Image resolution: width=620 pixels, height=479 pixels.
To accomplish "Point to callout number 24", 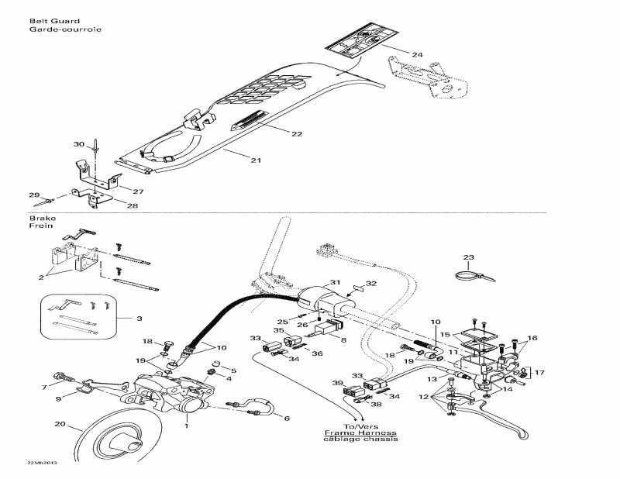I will [418, 55].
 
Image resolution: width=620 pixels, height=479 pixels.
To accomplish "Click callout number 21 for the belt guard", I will [255, 160].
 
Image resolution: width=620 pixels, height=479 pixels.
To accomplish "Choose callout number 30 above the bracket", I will [78, 144].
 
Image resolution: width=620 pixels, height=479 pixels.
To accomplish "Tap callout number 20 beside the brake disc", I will [59, 423].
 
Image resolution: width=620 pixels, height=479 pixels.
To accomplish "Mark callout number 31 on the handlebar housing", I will [335, 282].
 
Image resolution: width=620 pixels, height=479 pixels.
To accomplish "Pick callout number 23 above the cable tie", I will [468, 257].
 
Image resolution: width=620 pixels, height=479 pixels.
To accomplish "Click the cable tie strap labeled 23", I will [474, 274].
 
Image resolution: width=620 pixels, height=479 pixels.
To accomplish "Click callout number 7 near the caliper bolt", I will [46, 386].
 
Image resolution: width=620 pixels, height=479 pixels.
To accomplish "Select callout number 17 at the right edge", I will [540, 372].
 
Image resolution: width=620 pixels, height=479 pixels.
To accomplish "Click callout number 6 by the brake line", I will [287, 418].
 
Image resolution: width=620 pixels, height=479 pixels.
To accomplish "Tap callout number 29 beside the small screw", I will [33, 195].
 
